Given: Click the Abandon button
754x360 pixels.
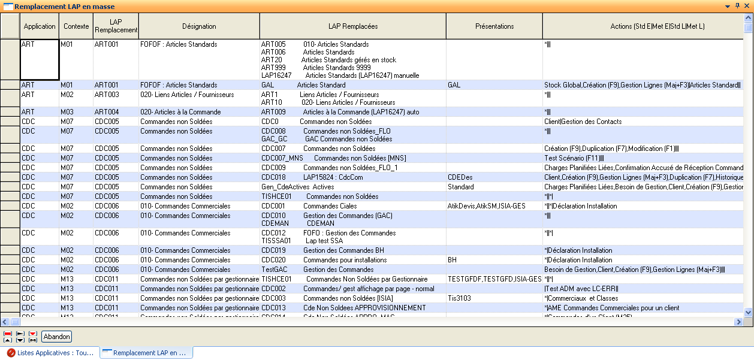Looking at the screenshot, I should point(57,337).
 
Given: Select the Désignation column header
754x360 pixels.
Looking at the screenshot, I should point(199,26).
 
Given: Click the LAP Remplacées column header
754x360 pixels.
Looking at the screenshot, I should point(353,26).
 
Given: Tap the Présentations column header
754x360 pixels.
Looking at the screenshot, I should point(494,26).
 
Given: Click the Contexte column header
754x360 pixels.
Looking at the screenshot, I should point(76,26).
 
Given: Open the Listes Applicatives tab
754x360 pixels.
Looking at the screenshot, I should point(50,353).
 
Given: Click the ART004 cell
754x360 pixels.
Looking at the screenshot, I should point(116,112).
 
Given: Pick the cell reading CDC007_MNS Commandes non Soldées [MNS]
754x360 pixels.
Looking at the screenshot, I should point(353,158).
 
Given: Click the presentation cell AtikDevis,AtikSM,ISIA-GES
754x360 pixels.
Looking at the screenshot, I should point(494,206).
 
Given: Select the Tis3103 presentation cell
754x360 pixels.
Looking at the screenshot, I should point(494,298).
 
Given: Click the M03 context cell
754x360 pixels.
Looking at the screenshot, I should point(76,112).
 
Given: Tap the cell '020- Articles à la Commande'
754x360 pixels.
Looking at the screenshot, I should point(199,112).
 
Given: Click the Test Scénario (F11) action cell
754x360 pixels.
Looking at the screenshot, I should point(641,158).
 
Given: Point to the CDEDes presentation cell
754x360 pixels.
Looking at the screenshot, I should point(494,177).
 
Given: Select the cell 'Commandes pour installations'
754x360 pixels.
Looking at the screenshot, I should point(353,260).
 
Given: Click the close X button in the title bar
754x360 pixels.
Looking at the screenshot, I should point(747,6).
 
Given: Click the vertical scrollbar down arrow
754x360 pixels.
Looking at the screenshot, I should point(748,312).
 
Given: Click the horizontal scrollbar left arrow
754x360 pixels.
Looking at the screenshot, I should point(5,322).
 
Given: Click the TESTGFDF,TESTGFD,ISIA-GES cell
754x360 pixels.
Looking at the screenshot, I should point(494,279).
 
